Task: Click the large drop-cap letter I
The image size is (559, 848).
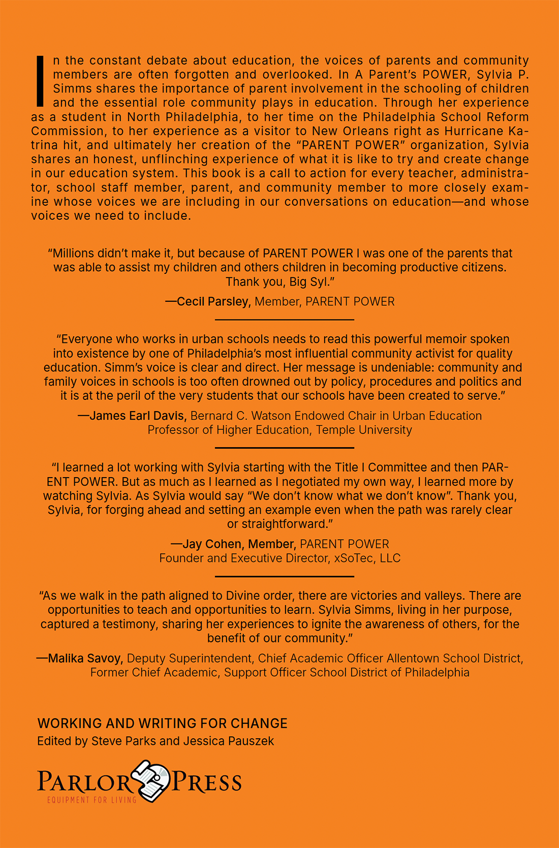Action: tap(41, 80)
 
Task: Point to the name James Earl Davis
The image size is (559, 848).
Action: tap(136, 416)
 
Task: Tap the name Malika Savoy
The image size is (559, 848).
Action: tap(84, 658)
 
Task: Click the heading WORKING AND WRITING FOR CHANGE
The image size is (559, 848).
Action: tap(163, 724)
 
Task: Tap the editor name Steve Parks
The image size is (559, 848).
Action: tap(123, 741)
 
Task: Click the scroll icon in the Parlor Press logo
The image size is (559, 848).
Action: tap(151, 780)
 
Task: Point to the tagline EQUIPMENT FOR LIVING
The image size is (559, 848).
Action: tap(91, 800)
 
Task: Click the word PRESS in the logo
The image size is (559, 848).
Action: tap(207, 782)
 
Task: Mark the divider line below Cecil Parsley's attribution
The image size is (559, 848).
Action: tap(285, 320)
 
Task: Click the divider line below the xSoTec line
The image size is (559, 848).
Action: tap(285, 577)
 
